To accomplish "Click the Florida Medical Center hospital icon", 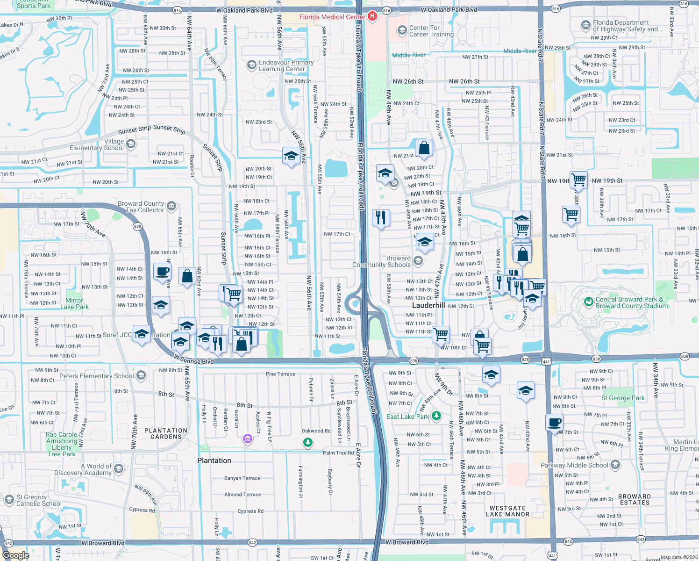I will [x=372, y=17].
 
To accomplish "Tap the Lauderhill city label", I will [x=428, y=305].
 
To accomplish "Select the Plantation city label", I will [x=214, y=460].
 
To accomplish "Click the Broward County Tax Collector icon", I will [x=171, y=206].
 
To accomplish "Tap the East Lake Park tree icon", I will [x=436, y=416].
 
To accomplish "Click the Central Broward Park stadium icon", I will [x=588, y=302].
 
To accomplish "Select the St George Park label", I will [x=623, y=398].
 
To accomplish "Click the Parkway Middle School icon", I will [x=615, y=465].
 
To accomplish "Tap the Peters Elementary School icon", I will [x=141, y=375].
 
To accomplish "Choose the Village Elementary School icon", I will [x=131, y=144].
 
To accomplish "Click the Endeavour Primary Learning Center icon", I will [x=252, y=65].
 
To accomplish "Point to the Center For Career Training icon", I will [x=402, y=31].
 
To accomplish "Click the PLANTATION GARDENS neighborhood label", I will [x=166, y=433].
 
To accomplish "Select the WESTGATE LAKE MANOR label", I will [x=507, y=511].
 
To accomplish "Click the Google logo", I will [x=15, y=555].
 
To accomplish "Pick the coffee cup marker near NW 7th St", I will [x=555, y=422].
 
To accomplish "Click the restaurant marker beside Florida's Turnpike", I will [x=381, y=217].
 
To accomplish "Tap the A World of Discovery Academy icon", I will [x=118, y=469].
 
